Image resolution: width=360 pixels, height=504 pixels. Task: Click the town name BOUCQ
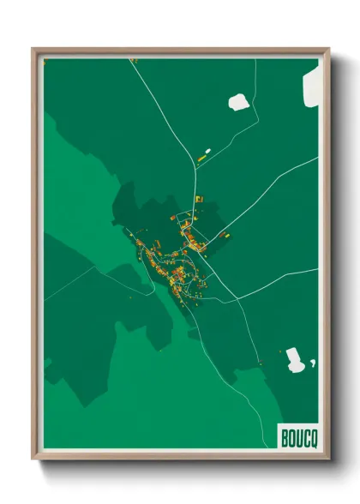point(297,436)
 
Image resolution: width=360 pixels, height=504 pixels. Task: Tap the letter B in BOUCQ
point(285,436)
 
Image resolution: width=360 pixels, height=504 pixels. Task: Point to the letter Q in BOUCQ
point(311,436)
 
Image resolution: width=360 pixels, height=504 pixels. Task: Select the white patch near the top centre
point(237,102)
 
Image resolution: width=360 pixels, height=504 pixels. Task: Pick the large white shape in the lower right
point(295,360)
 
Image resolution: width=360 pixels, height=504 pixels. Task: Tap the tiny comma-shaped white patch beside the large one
point(314,363)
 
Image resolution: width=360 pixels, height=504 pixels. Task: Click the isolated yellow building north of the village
point(204,156)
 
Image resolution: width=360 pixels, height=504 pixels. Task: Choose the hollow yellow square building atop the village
point(198,199)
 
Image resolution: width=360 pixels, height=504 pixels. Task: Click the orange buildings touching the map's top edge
point(133,60)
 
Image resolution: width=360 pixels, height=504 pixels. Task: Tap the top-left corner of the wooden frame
point(34,50)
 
